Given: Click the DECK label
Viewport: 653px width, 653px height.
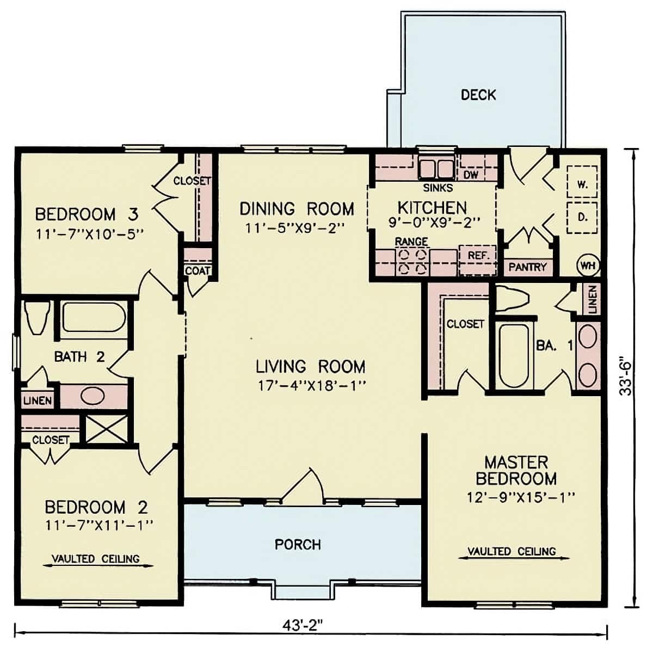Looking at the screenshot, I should (478, 95).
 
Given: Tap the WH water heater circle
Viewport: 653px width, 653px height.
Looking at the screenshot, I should (587, 266).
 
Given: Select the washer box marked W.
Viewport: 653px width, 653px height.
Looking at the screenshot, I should (582, 184).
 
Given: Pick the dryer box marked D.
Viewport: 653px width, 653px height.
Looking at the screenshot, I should (582, 217).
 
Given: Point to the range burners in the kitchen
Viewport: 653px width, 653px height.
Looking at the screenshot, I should (411, 261).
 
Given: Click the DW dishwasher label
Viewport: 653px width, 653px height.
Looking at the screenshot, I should (471, 174).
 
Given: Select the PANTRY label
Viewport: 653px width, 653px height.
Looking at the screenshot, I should (527, 267).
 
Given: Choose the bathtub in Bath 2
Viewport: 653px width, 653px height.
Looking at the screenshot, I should (94, 317).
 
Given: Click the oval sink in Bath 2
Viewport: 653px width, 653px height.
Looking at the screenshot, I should (93, 396).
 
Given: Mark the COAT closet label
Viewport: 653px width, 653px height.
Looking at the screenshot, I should (197, 270).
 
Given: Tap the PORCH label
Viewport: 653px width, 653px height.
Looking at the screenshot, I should (298, 544).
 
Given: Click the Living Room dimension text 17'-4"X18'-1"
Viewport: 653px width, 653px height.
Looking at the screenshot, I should (311, 386).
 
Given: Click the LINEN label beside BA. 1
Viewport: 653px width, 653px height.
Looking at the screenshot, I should (592, 299).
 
